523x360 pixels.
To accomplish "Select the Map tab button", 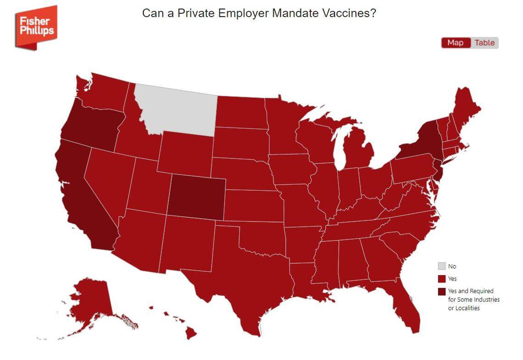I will point(455,43).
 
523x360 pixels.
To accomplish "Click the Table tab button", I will point(484,43).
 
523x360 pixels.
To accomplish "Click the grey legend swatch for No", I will point(441,266).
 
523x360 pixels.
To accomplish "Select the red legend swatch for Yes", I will point(441,279).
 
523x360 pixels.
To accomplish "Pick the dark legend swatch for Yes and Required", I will point(441,291).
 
